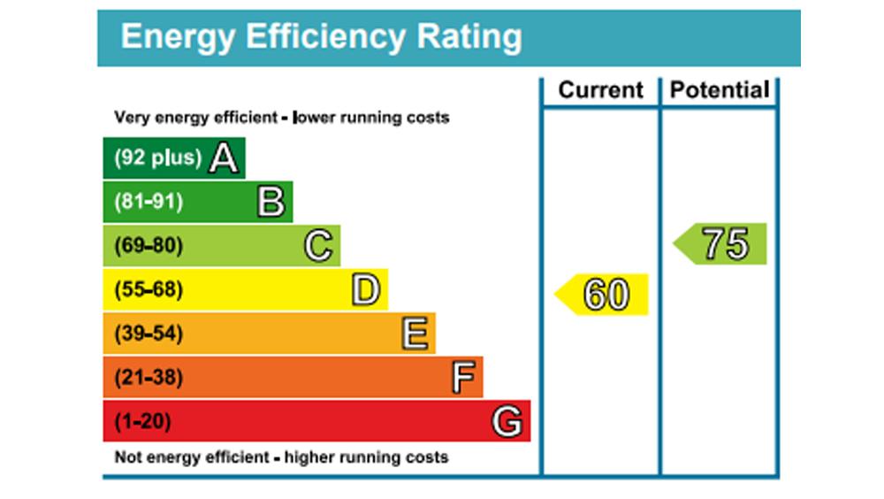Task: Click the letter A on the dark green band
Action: coord(225,159)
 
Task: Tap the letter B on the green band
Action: coord(271,203)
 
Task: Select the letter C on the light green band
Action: coord(319,246)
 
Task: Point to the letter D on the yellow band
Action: coord(366,290)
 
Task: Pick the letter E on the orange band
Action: coord(415,334)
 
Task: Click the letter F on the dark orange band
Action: coord(463,379)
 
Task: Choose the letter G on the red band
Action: coord(507,422)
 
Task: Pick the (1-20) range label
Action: coord(142,422)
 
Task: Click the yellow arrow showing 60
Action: coord(603,295)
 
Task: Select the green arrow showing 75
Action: coord(721,244)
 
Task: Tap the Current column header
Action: coord(601,90)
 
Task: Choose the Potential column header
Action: coord(720,90)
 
